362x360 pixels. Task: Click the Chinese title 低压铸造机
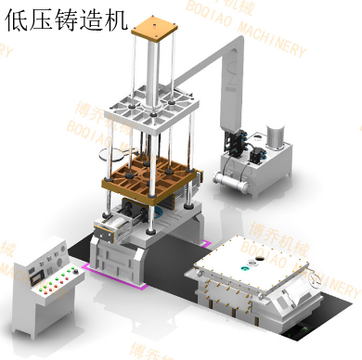click(x=64, y=21)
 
